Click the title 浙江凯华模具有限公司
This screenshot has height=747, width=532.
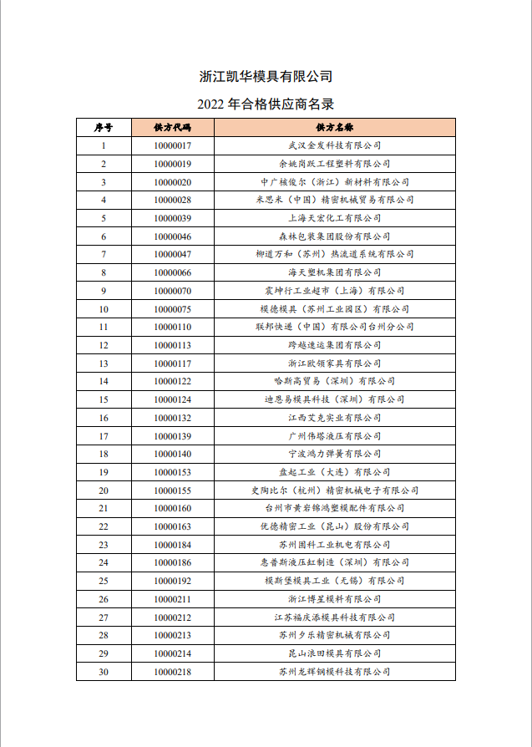266,77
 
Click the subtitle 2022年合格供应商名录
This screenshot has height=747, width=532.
266,104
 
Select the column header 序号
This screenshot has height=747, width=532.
104,127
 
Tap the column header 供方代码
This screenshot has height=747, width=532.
173,127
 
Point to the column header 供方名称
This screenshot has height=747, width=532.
334,127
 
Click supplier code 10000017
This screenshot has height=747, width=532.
173,145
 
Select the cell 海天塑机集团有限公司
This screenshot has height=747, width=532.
334,272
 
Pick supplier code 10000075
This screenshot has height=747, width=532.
173,309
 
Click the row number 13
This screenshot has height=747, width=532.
104,363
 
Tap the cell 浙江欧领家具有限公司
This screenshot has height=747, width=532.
334,363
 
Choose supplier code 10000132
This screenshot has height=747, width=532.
173,418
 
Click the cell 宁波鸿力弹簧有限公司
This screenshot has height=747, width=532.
334,454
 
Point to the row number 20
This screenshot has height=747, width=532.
104,490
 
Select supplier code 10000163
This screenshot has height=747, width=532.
173,526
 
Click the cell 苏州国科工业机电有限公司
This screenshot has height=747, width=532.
334,545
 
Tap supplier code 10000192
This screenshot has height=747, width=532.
173,581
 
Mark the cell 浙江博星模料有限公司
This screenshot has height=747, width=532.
334,599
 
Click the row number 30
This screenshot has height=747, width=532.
104,671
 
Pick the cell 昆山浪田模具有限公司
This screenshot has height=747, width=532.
334,653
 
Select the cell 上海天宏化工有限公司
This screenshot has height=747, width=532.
334,218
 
